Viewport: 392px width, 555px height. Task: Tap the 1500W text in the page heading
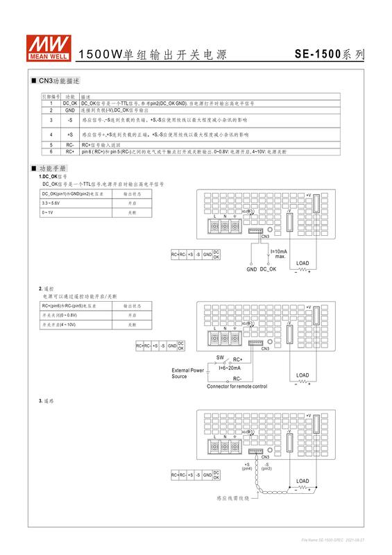[96, 54]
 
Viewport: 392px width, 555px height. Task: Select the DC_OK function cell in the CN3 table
[70, 103]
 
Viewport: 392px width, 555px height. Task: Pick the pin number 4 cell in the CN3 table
[51, 133]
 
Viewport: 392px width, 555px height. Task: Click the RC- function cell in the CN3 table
[70, 144]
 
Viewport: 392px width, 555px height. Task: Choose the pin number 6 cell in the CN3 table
[51, 150]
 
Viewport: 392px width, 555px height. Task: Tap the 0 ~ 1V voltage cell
[49, 212]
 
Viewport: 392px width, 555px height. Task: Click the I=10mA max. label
[278, 253]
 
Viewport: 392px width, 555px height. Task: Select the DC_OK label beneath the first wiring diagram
[269, 268]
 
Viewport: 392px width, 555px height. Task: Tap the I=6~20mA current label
[230, 368]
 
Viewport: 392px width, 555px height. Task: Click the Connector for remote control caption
[237, 386]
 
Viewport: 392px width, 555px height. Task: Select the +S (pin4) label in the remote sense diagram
[248, 466]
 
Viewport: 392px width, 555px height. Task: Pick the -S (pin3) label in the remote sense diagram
[266, 466]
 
